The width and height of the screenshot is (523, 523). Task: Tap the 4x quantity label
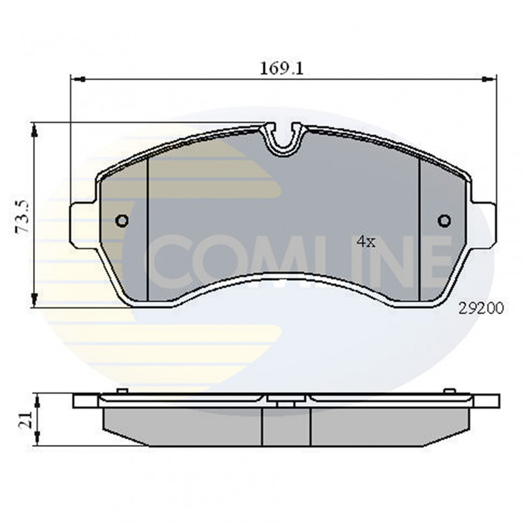click(366, 242)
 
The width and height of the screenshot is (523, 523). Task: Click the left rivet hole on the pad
click(121, 221)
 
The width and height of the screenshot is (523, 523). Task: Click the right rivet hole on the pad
click(444, 221)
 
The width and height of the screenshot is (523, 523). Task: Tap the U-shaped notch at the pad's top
click(283, 140)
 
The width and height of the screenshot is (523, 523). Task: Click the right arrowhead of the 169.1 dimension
click(490, 79)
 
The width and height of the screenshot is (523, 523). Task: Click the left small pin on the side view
click(120, 390)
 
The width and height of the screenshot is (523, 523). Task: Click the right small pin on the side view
click(448, 390)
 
